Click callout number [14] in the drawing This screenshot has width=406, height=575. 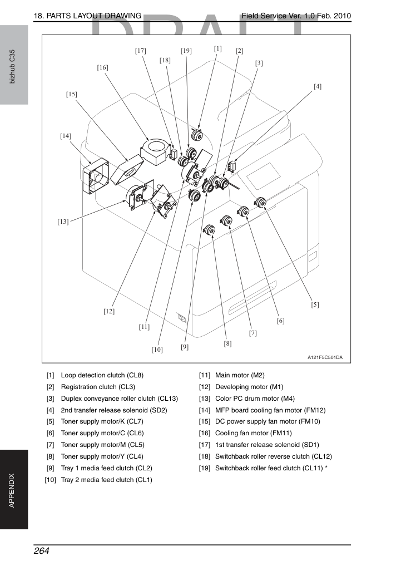66,136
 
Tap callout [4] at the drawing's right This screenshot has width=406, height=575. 318,86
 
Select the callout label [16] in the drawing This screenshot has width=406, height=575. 102,67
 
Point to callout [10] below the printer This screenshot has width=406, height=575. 157,350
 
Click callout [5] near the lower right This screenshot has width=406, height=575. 315,304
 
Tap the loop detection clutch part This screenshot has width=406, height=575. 198,135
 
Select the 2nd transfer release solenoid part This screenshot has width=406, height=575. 231,165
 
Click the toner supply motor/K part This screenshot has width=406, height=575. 260,202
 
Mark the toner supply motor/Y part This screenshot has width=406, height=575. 209,230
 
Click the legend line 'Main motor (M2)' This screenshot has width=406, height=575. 240,375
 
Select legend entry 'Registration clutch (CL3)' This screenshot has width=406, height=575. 98,387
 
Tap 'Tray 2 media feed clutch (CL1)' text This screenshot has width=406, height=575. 106,480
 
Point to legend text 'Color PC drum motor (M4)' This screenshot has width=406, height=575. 255,398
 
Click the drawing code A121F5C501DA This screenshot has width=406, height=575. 325,357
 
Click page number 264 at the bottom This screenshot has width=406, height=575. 41,551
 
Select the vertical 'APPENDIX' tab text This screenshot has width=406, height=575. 12,490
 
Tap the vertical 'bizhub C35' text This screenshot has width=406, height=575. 12,66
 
